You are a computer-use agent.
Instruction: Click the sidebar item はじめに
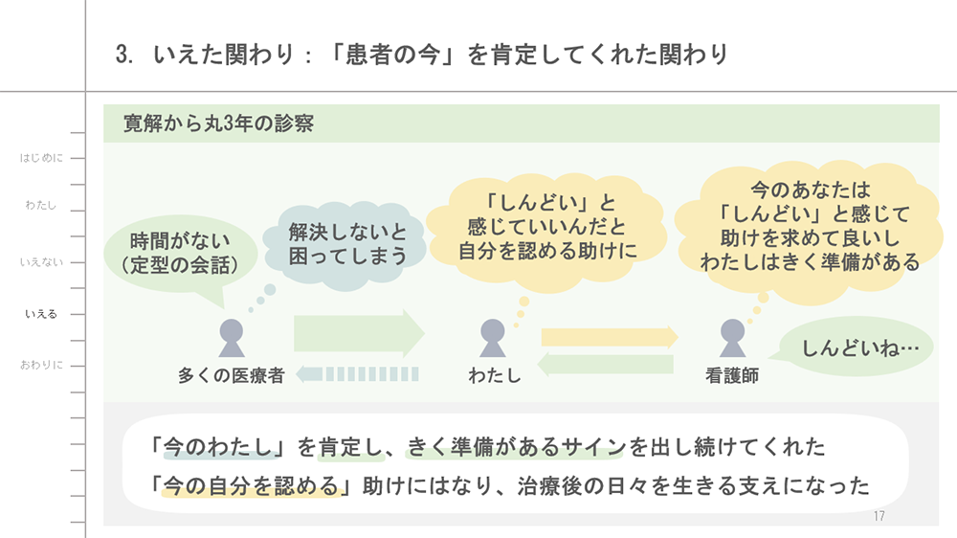tap(41, 157)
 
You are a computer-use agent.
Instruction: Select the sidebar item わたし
tap(41, 205)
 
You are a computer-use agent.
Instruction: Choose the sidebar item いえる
tap(41, 313)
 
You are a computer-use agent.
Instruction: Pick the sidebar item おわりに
tap(41, 365)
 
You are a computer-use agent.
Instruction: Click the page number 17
tap(879, 517)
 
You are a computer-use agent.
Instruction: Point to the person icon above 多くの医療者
tap(231, 338)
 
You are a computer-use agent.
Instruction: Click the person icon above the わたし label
tap(493, 338)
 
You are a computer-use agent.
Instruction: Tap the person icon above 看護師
tap(732, 338)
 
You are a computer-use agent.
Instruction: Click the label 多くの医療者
tap(231, 376)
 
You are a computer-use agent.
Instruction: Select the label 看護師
tap(732, 376)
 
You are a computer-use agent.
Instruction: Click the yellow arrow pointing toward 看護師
tap(609, 337)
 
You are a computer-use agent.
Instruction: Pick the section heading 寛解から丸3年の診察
tap(219, 123)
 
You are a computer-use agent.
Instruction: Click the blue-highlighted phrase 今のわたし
tap(221, 447)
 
